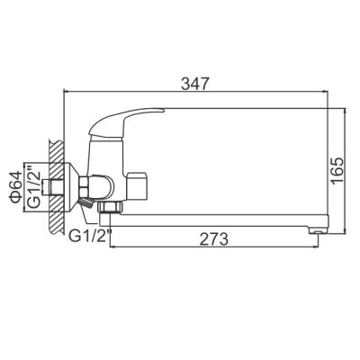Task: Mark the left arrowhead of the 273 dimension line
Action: tap(112, 248)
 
